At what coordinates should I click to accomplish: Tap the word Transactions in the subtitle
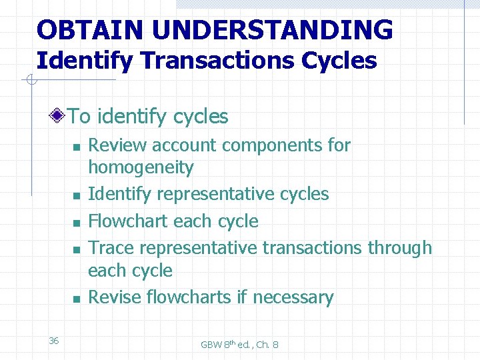point(203,61)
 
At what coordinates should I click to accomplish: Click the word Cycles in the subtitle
point(339,61)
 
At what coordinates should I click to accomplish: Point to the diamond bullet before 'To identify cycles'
point(59,117)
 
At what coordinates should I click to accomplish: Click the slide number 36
point(54,341)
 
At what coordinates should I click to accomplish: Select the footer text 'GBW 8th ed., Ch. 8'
point(240,345)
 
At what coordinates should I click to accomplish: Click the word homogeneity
point(141,167)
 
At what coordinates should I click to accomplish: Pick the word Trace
point(111,247)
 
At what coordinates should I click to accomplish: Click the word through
point(397,248)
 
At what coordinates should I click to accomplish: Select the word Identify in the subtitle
point(75,61)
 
